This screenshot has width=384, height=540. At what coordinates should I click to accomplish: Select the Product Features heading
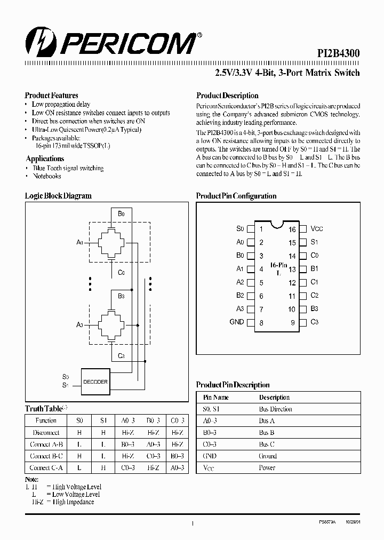point(52,96)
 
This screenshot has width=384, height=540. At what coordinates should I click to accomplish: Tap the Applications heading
point(45,158)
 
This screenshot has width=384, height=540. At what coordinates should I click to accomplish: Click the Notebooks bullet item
point(47,176)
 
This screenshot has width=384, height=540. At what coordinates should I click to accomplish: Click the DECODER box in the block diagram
point(95,382)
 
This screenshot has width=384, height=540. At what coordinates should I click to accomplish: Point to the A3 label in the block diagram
point(80,324)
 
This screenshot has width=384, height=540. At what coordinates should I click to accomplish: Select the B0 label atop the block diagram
point(121,213)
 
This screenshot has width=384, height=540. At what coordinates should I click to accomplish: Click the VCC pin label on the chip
point(317,229)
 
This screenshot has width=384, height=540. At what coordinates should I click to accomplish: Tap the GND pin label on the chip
point(236,322)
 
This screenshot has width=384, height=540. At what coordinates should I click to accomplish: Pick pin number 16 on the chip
point(292,229)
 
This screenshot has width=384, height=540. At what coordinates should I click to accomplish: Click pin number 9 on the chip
point(292,322)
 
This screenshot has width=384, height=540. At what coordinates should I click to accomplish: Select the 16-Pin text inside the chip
point(278,265)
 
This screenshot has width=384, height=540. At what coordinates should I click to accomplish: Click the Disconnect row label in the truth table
point(45,433)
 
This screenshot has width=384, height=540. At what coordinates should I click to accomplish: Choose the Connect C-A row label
point(46,467)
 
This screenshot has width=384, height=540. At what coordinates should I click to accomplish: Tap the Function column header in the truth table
point(46,420)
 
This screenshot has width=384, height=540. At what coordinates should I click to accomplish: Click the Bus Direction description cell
point(276,409)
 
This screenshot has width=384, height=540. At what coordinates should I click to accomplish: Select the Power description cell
point(267,468)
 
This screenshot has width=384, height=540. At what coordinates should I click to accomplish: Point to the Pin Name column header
point(215,398)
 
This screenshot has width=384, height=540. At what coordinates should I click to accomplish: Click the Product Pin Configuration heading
point(236,196)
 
